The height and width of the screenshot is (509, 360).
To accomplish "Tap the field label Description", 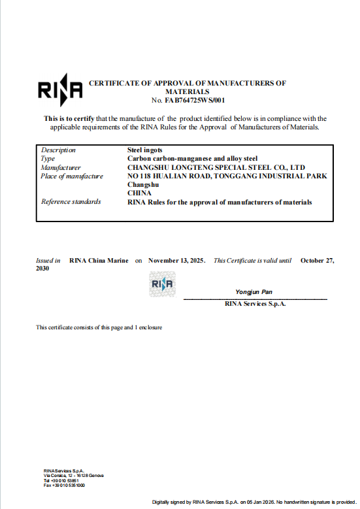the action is (58, 150).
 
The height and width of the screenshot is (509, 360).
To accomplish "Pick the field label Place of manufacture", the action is (72, 176).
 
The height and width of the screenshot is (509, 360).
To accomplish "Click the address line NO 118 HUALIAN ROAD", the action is (227, 176).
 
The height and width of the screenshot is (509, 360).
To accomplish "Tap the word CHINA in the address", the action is (139, 193).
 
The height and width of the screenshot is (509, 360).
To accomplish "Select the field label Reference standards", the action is (71, 201).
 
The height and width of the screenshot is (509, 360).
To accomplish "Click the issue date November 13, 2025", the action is (177, 260).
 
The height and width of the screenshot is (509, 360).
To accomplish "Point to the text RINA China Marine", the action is (99, 260).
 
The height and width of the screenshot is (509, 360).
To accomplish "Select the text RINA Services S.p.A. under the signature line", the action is (255, 304).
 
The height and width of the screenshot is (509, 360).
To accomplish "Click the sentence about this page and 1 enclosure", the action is (99, 327).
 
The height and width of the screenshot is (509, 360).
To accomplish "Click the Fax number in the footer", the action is (64, 485).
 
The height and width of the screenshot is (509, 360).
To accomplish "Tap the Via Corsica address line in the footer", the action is (73, 475).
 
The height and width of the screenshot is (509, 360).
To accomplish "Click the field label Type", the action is (48, 159).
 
